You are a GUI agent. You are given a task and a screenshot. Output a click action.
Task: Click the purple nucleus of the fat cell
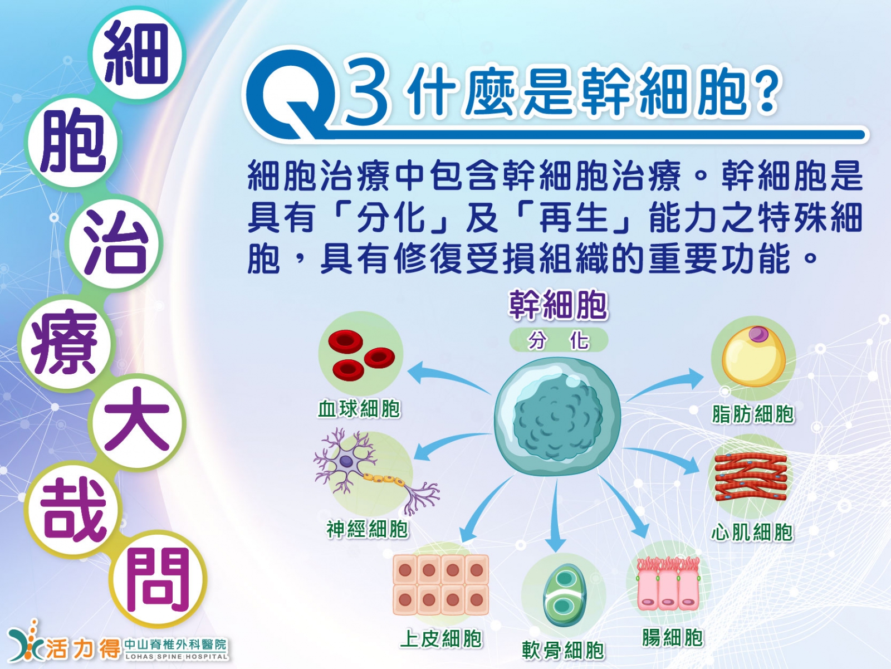[x=758, y=334]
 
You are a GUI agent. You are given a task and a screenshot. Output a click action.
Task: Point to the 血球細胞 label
[x=359, y=409]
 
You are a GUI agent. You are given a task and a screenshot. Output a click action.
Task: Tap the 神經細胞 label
[x=368, y=529]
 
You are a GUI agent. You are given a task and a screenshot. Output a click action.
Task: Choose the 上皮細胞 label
[x=441, y=638]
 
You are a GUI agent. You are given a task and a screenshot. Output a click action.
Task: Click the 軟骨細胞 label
[x=563, y=650]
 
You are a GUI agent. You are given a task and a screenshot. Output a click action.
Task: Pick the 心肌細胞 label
[x=752, y=532]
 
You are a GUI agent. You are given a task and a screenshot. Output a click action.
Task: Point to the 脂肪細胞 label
[x=753, y=414]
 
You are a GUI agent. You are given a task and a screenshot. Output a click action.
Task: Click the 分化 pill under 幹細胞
[x=559, y=340]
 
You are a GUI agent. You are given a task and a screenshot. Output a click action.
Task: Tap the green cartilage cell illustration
[x=564, y=595]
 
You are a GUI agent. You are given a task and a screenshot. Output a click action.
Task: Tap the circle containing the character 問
[x=158, y=578]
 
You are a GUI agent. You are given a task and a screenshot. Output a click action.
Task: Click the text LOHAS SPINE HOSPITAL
[x=177, y=656]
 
